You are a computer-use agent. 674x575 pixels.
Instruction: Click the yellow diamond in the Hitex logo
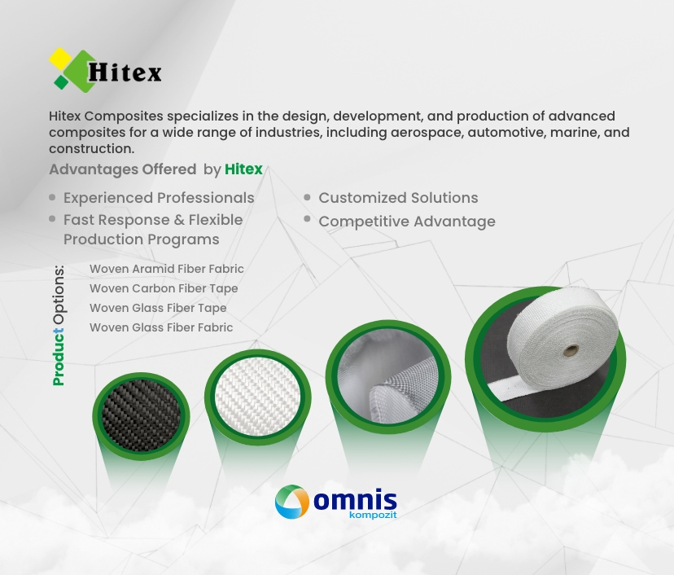pos(60,59)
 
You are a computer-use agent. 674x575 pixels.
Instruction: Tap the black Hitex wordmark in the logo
pos(125,72)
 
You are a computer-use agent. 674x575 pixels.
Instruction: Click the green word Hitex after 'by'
pos(243,169)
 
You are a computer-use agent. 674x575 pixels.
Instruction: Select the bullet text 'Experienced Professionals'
pos(159,198)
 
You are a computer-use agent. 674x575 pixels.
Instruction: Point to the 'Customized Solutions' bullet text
pos(398,198)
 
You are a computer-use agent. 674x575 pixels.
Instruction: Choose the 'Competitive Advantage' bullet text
pos(407,222)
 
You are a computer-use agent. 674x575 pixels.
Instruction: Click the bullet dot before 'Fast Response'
pos(52,219)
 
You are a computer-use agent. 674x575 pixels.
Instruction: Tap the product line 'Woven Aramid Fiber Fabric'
pos(166,269)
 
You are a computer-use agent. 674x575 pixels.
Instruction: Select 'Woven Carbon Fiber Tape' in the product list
pos(164,288)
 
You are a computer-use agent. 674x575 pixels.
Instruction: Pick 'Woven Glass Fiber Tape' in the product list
pos(158,308)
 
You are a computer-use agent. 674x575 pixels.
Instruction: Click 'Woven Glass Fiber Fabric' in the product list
pos(160,327)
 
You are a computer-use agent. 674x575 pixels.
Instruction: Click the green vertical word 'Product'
pos(58,357)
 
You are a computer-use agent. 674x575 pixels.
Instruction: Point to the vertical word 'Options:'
pos(59,295)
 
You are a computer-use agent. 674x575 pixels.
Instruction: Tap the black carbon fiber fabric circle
pos(141,416)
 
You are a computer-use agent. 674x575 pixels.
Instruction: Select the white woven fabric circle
pos(257,397)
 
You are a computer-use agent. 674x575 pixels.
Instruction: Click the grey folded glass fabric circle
pos(387,377)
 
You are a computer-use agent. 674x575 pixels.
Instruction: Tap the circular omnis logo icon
pos(292,502)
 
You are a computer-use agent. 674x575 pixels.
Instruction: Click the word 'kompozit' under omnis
pos(373,515)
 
